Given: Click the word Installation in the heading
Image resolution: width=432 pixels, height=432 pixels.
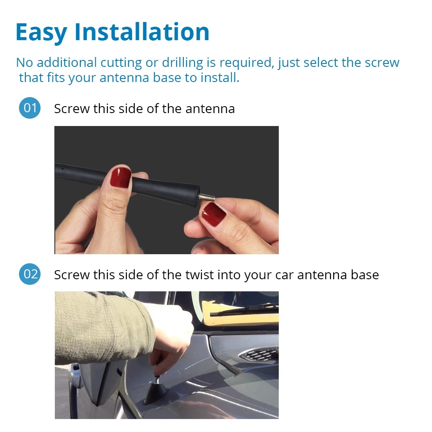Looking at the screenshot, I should click(x=142, y=32).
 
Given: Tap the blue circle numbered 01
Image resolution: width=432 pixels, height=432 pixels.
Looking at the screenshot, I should click(x=30, y=108).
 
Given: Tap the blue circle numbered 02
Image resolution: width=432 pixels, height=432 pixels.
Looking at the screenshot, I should click(x=30, y=274).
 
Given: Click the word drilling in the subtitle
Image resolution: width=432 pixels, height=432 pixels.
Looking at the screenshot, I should click(x=183, y=63).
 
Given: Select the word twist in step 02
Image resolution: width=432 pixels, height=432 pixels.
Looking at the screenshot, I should click(x=197, y=274).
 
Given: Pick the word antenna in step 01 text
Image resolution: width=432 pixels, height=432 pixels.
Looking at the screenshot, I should click(x=210, y=108).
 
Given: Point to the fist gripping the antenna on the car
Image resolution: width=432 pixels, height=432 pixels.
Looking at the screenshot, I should click(x=173, y=332).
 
